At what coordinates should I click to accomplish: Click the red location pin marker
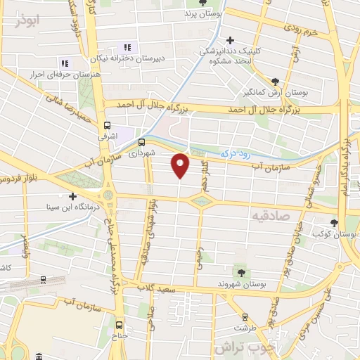(x=181, y=165)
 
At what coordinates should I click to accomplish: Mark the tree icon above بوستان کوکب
(x=334, y=223)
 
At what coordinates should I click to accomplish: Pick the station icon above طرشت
(x=245, y=317)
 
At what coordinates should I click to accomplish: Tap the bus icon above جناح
(x=119, y=325)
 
